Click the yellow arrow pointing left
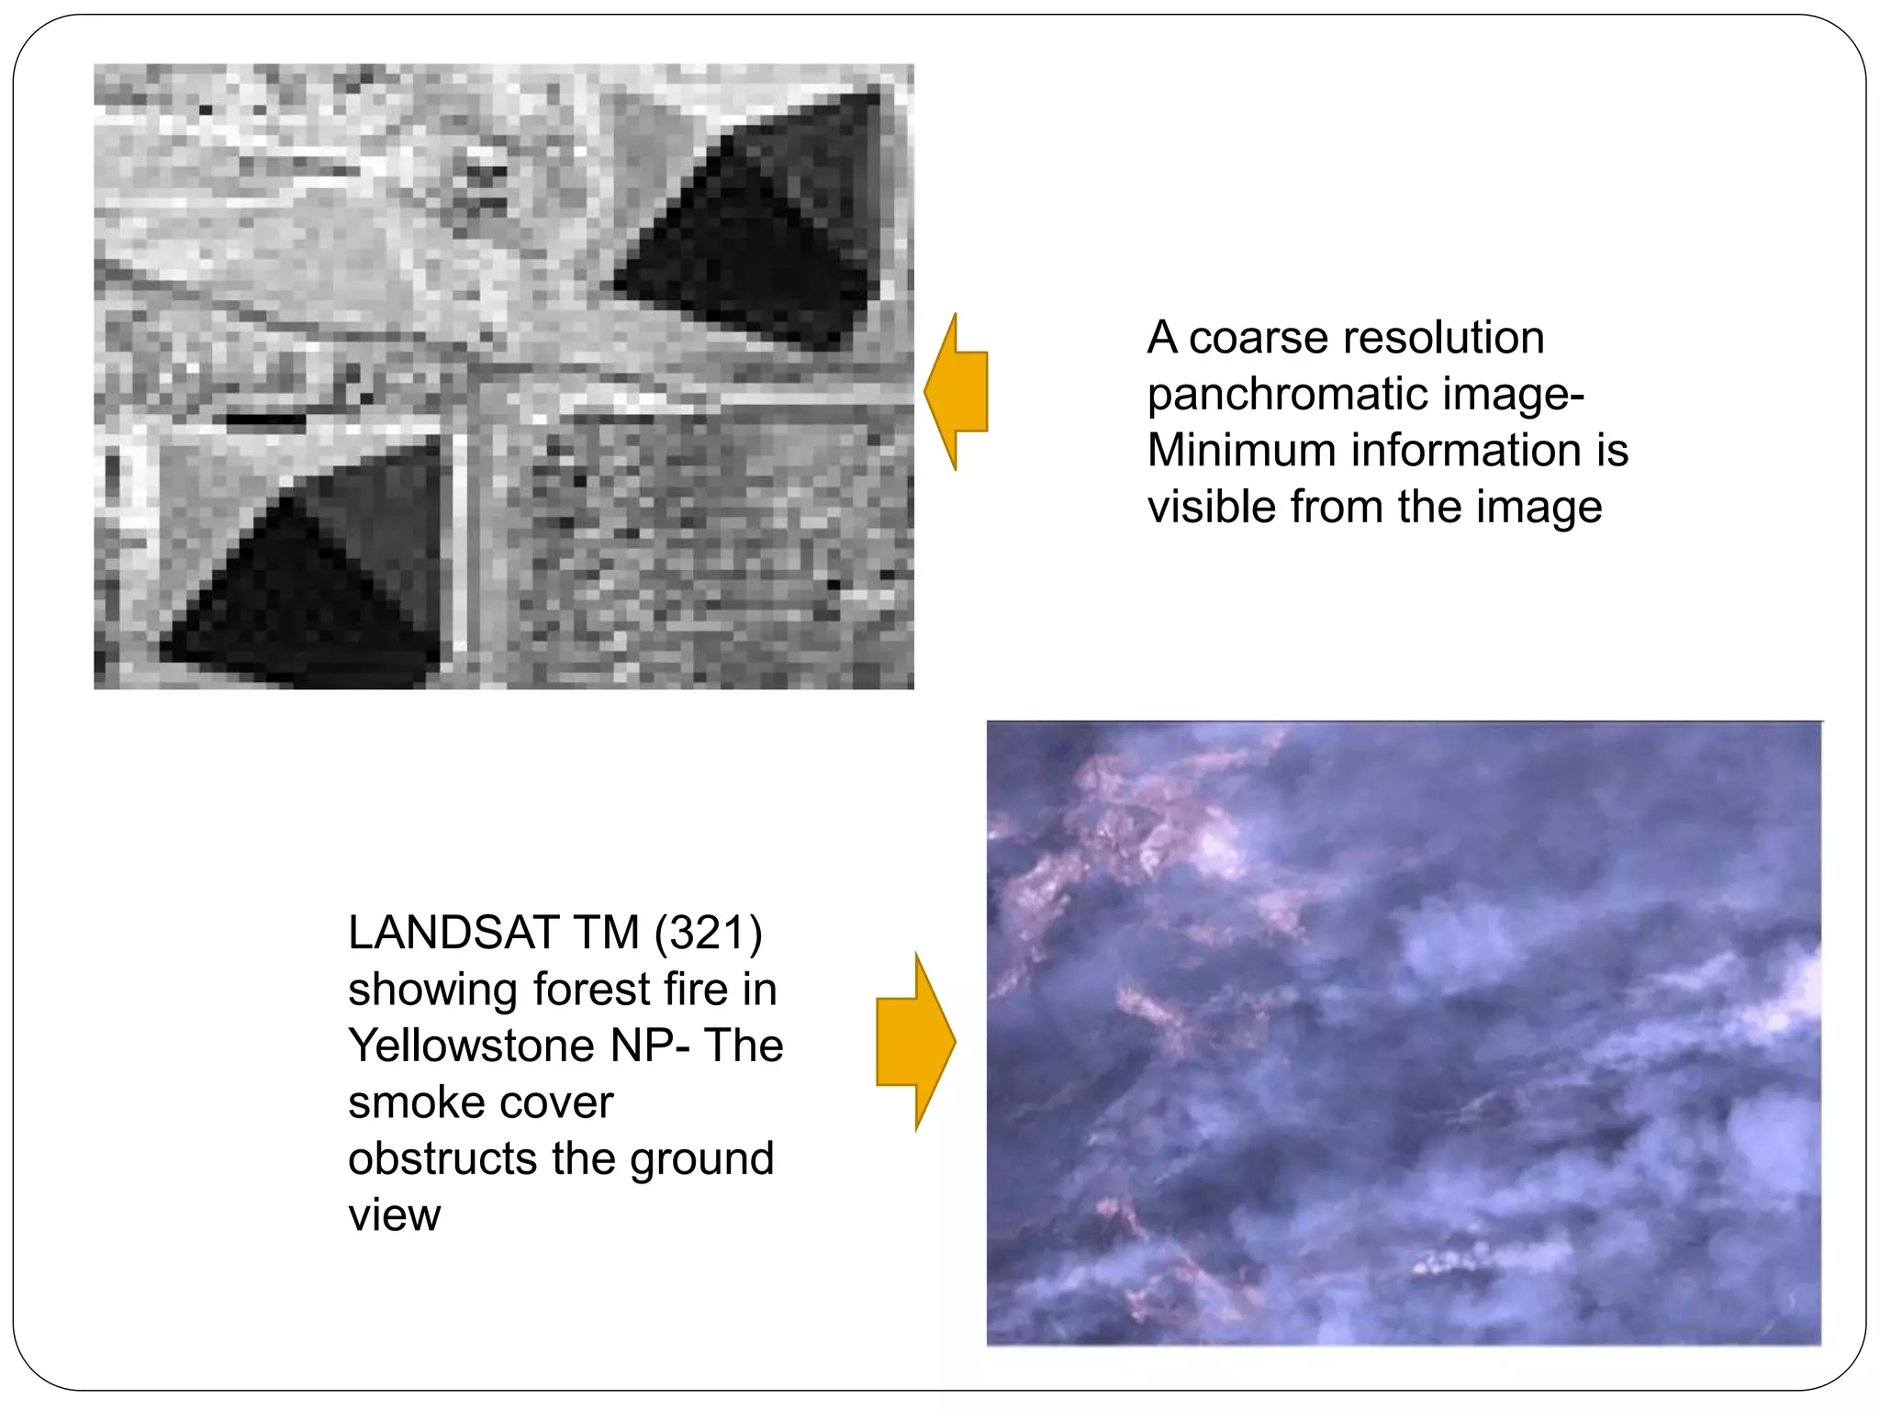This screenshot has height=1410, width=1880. point(957,392)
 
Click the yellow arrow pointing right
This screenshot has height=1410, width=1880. point(916,1042)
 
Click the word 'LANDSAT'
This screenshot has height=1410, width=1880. point(453,933)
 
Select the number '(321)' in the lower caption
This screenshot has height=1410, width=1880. point(708,933)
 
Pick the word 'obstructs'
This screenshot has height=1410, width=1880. point(443,1158)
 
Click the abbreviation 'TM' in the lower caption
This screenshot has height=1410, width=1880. point(607,933)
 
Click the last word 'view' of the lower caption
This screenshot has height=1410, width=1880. point(395,1216)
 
